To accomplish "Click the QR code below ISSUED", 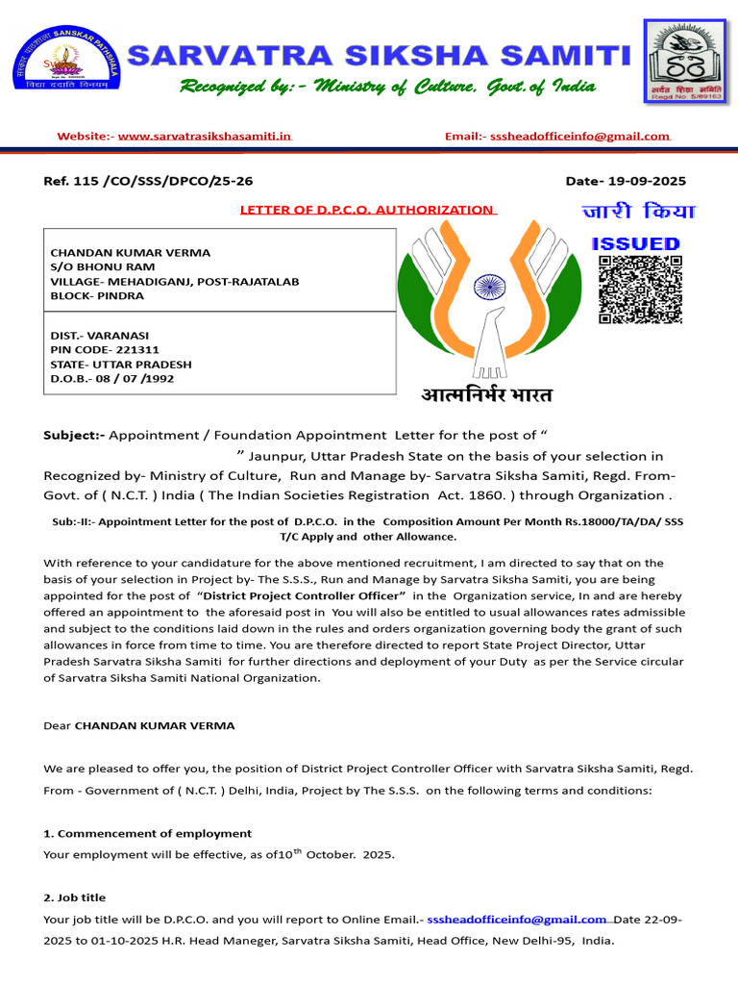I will point(640,290).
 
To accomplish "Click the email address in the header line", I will point(579,137).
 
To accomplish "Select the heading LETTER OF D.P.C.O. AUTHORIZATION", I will point(366,210).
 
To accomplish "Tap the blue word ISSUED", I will point(635,244).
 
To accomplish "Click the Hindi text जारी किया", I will point(638,212).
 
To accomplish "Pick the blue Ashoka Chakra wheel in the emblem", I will point(490,285).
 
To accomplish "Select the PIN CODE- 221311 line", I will point(105,350).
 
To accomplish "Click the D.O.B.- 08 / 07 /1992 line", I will point(112,379).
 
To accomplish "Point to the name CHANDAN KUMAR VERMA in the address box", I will point(130,253).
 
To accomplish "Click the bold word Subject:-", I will point(74,436).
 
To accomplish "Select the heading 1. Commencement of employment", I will point(148,834).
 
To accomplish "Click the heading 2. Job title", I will point(75,897).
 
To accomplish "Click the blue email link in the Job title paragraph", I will point(517,920).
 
